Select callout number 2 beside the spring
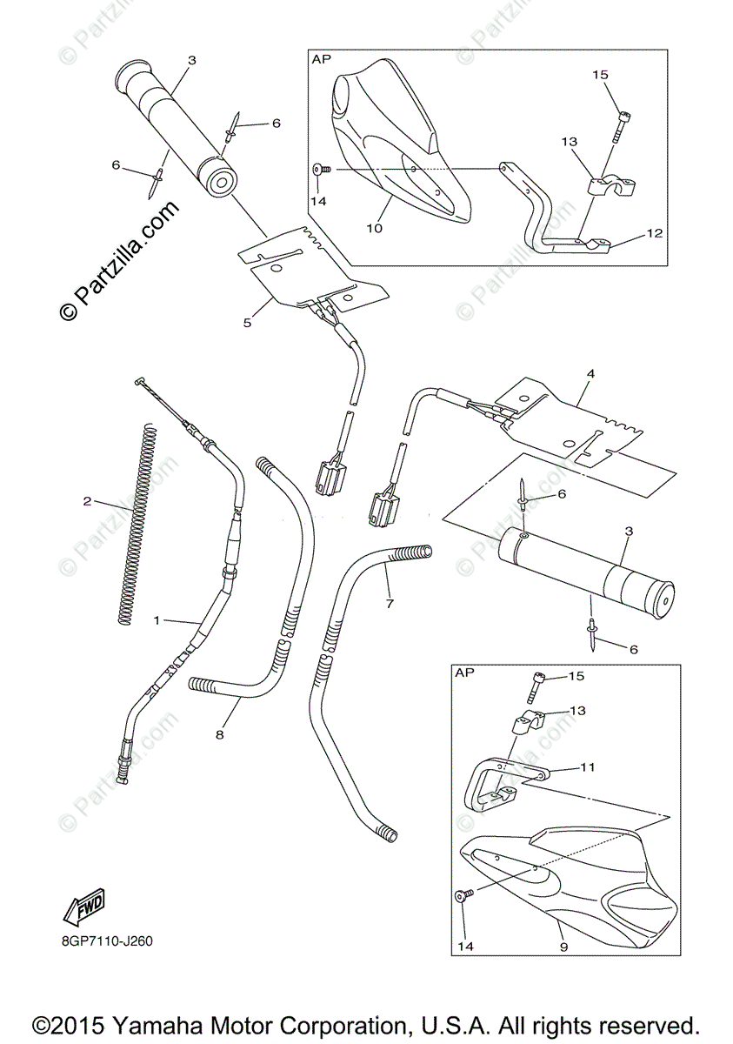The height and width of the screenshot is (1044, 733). coord(87,501)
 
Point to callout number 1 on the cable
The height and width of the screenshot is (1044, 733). coord(157,620)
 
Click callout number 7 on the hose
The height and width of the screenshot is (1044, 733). coord(389,602)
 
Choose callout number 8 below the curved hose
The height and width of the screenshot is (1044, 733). coord(220,735)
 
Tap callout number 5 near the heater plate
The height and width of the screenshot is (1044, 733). coord(247,323)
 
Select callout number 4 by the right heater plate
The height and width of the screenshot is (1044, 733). coord(590,374)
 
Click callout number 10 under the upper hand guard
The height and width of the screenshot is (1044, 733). coord(374,228)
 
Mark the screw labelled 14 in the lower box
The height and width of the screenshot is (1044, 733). coord(462,893)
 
